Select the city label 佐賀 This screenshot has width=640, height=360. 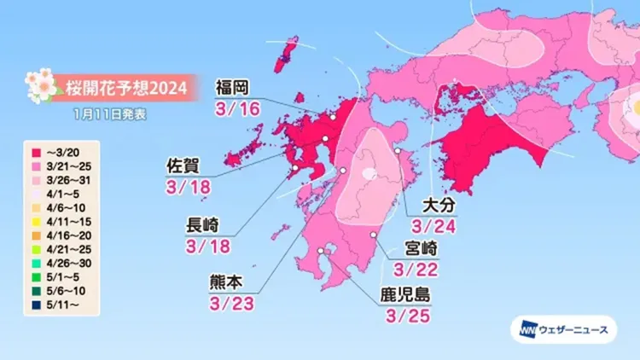pyautogui.click(x=183, y=165)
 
